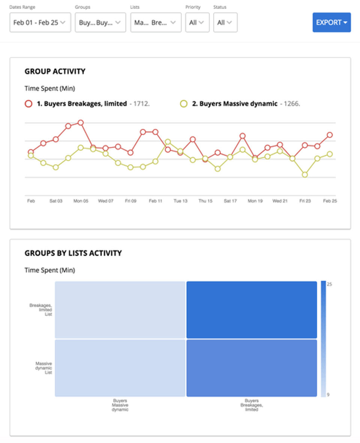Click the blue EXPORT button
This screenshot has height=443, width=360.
point(331,23)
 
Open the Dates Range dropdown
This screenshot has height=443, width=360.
point(40,23)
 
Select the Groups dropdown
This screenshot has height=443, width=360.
point(100,23)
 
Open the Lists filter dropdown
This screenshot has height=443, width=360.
point(156,23)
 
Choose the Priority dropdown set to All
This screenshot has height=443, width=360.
point(197,23)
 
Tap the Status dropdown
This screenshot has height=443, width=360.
point(225,23)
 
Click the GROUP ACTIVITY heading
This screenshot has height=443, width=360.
point(55,71)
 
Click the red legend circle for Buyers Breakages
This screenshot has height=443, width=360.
point(28,104)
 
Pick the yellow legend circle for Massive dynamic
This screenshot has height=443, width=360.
point(184,104)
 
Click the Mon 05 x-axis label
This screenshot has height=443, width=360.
point(81,201)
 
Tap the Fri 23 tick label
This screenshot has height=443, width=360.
point(305,201)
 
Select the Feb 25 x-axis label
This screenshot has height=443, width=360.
point(330,201)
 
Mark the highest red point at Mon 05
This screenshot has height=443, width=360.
point(80,123)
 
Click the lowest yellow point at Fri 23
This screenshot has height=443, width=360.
point(305,174)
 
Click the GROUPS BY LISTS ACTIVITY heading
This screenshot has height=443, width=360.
point(73,253)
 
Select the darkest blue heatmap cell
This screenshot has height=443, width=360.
point(252,310)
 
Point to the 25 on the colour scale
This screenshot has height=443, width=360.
point(329,284)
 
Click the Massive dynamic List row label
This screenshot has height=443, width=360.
point(44,368)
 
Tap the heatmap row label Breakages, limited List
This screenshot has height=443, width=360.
point(41,310)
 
